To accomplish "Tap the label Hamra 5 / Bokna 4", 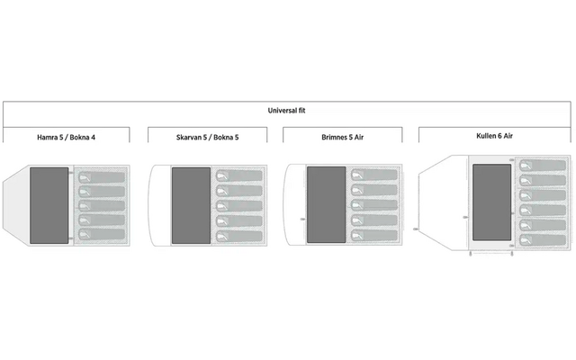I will click(x=66, y=136).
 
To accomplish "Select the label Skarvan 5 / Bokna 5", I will click(x=207, y=136).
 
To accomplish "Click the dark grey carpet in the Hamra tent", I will click(x=50, y=205).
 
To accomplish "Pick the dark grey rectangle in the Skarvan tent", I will click(x=191, y=205).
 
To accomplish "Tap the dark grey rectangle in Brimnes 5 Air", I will click(x=326, y=205).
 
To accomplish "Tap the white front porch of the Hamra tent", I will click(x=16, y=205).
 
